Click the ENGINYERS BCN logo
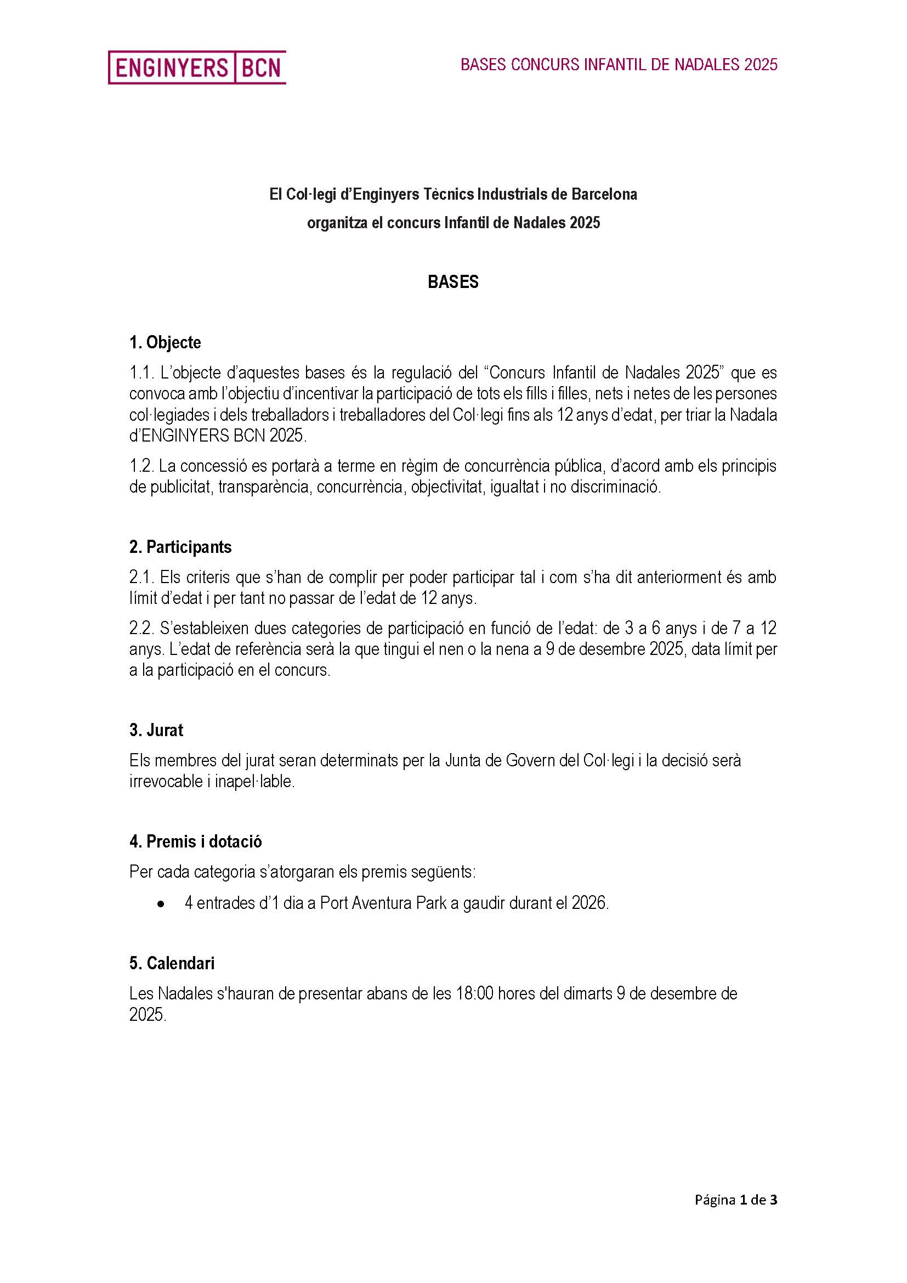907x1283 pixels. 197,67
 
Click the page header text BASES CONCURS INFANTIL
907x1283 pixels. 619,65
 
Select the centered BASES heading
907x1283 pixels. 453,281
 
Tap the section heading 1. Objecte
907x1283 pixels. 165,342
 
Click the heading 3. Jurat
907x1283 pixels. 156,730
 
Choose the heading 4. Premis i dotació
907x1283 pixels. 195,841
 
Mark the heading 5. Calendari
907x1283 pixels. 172,963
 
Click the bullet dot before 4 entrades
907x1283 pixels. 161,903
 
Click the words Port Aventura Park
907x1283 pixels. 383,903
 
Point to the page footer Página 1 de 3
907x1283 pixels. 735,1200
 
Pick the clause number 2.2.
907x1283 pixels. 141,628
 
